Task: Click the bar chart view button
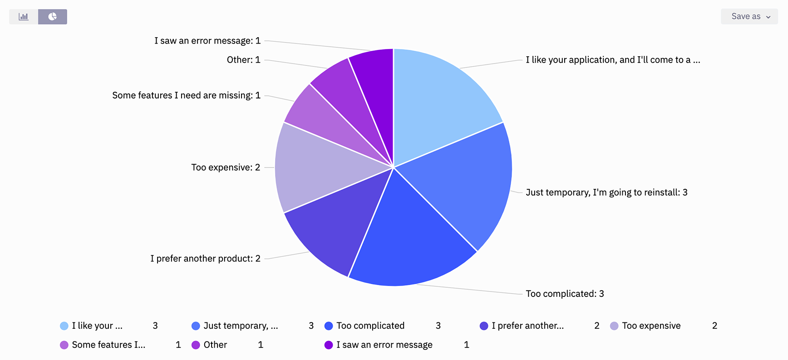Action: click(x=24, y=17)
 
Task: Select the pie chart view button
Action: click(x=53, y=17)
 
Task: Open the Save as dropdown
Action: click(x=749, y=16)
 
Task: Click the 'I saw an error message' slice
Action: click(x=377, y=86)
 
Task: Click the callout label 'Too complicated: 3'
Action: click(x=565, y=294)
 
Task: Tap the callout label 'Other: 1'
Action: click(x=243, y=60)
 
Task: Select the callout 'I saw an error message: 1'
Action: click(x=207, y=41)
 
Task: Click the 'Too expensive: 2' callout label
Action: click(x=226, y=168)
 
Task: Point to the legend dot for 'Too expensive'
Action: click(x=614, y=326)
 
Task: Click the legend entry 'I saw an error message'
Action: click(x=384, y=345)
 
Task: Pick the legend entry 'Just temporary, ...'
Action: click(x=241, y=326)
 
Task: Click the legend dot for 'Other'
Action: click(x=196, y=345)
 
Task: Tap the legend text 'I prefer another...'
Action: click(x=527, y=326)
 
